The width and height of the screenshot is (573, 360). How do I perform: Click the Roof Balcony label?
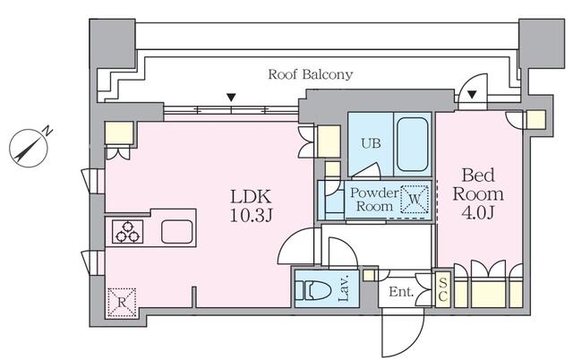click(x=310, y=74)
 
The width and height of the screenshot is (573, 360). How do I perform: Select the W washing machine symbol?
click(x=415, y=199)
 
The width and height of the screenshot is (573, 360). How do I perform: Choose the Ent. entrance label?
click(x=398, y=291)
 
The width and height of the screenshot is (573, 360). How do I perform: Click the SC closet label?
click(x=442, y=289)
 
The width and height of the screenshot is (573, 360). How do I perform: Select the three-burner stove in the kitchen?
click(x=126, y=232)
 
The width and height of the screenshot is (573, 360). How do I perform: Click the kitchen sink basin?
click(x=177, y=231)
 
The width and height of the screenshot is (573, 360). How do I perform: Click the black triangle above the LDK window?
click(x=232, y=97)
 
